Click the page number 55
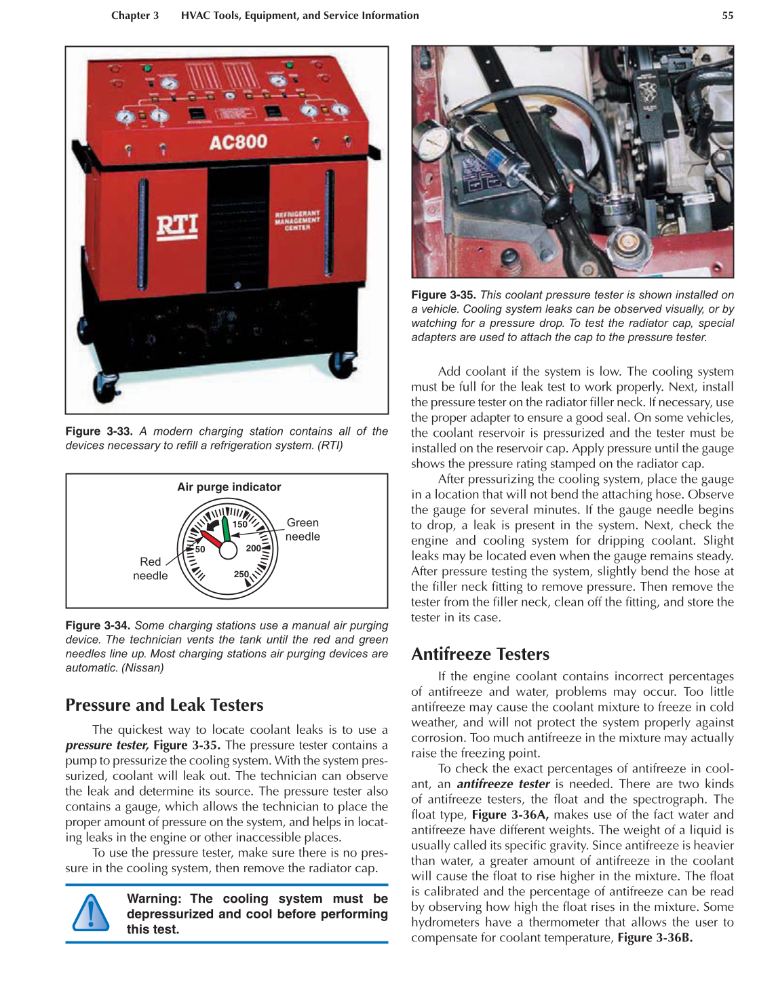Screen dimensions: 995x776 click(x=727, y=16)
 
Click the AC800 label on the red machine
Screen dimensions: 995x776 click(x=238, y=142)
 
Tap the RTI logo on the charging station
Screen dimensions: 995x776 click(x=177, y=226)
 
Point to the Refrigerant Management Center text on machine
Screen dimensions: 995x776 click(x=296, y=220)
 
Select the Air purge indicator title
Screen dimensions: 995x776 click(x=229, y=487)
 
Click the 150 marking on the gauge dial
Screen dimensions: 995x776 click(x=240, y=524)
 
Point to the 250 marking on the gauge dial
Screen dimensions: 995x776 click(x=241, y=574)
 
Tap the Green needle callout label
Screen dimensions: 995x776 click(x=303, y=530)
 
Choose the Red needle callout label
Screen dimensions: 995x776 click(x=150, y=568)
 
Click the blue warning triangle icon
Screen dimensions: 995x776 click(x=90, y=913)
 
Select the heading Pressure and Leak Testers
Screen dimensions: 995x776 click(x=164, y=705)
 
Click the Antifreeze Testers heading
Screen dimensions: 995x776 click(x=480, y=655)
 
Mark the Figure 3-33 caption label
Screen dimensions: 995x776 click(x=98, y=431)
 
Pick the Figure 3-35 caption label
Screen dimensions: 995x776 click(x=443, y=295)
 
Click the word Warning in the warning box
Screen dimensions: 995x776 click(x=154, y=899)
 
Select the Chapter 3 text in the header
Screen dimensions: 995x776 click(x=135, y=16)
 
